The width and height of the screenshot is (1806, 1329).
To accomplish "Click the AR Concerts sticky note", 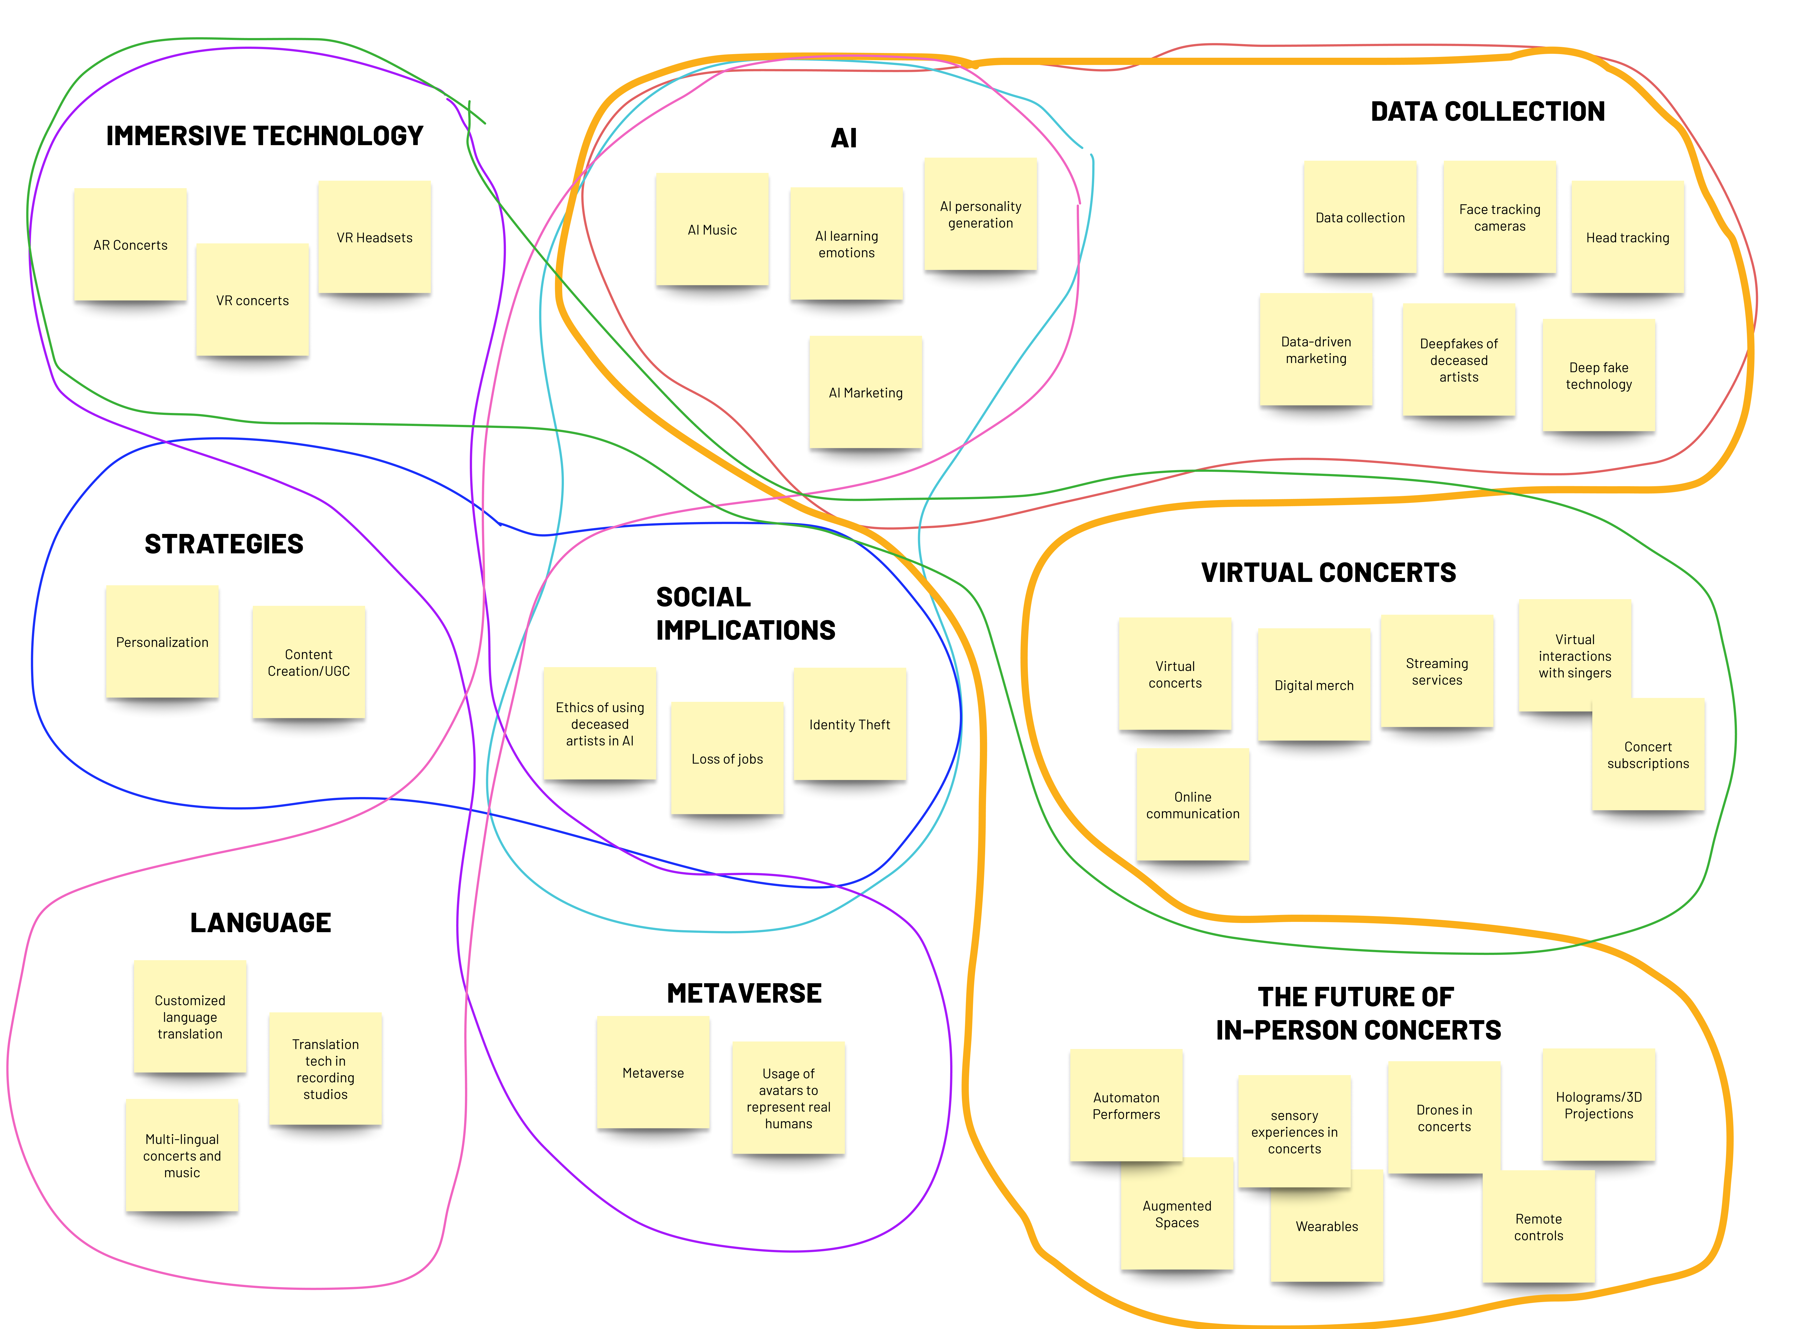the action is [130, 244].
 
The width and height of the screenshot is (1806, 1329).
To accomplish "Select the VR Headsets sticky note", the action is [374, 237].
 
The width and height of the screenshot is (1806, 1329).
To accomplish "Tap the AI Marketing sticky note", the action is [866, 393].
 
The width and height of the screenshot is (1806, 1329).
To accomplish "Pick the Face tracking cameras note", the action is [1500, 217].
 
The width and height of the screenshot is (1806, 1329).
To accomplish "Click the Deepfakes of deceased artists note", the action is [1459, 360].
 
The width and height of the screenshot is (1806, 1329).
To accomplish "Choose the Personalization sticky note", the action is [162, 642].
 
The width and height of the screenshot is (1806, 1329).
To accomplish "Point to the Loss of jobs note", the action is [727, 759].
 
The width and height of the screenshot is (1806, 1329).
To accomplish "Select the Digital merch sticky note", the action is [1314, 685].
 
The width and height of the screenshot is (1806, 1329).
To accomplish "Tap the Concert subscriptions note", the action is [1648, 755].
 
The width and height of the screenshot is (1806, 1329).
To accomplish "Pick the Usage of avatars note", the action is [788, 1098].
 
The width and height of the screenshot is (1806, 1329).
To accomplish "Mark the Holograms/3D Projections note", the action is [1598, 1104].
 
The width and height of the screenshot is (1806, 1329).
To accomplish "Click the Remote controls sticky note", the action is [1538, 1227].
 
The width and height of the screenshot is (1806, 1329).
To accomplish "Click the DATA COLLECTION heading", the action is [1487, 111].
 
